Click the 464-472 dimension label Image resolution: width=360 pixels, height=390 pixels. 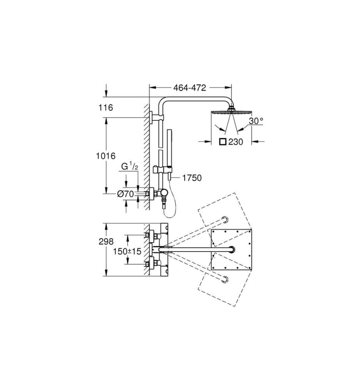tap(190, 87)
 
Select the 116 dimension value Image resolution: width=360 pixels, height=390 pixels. tap(106, 108)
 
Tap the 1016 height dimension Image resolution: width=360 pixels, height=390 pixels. tap(106, 156)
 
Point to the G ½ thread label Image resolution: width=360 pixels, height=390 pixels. tap(129, 167)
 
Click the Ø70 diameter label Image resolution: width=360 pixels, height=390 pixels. tap(126, 194)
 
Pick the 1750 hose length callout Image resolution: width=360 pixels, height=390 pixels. tap(192, 178)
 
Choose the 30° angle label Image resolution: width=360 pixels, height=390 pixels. tap(256, 121)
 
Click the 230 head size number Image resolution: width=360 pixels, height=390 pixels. tap(236, 142)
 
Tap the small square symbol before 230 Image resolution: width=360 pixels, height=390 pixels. tap(223, 142)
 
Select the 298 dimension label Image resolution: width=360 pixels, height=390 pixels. tap(106, 241)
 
